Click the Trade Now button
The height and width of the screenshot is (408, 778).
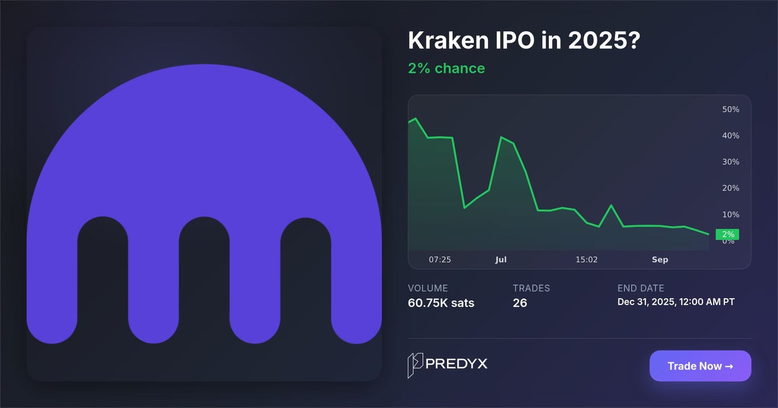700,366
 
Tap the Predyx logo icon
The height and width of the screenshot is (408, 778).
415,365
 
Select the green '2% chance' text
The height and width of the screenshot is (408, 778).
446,68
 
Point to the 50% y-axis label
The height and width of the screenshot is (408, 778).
730,109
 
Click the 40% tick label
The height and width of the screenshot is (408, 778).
730,135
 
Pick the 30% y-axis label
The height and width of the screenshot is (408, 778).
730,162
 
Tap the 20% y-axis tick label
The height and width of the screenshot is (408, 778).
730,188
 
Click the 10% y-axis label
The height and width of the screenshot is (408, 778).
730,215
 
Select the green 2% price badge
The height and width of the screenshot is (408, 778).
727,234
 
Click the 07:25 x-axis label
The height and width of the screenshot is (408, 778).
440,259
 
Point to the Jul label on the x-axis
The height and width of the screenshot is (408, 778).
501,259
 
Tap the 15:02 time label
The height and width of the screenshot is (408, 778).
587,259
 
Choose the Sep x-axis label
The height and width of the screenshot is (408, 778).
660,259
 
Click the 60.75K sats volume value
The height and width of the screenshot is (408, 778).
441,303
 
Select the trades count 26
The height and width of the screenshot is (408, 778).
519,303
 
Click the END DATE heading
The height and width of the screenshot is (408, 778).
640,288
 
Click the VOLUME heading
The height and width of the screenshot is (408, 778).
428,288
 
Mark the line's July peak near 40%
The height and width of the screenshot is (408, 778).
501,137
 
